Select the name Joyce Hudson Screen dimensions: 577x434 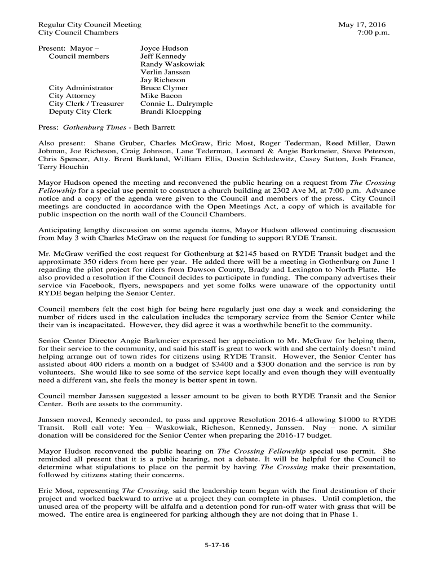tap(164, 48)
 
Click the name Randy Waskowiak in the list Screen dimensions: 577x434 tap(172, 64)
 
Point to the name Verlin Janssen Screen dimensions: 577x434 tap(165, 72)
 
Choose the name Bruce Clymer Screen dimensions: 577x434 tap(164, 88)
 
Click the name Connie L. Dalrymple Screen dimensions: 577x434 tap(176, 104)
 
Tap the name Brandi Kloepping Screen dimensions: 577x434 tap(171, 112)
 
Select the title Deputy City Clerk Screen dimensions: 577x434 tap(80, 112)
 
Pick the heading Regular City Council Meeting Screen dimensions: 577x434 tap(90, 25)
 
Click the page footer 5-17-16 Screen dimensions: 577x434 tap(217, 545)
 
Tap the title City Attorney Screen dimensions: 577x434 tap(72, 96)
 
